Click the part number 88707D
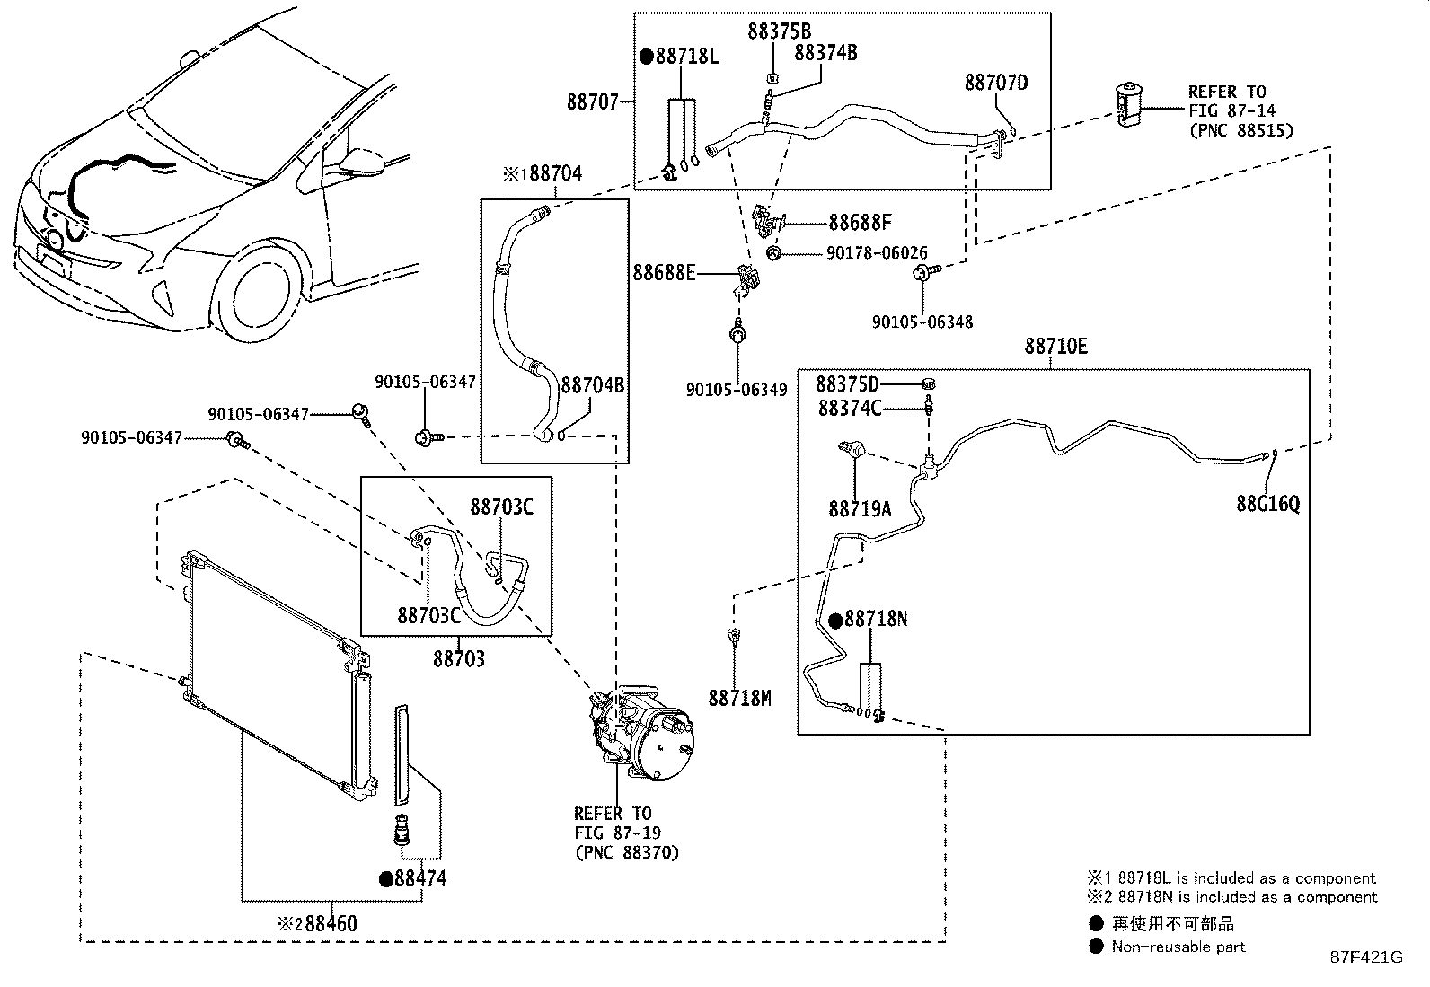pyautogui.click(x=996, y=83)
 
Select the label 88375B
pyautogui.click(x=779, y=31)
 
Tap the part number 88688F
pyautogui.click(x=860, y=222)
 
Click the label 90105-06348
pyautogui.click(x=922, y=322)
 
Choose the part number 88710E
pyautogui.click(x=1056, y=346)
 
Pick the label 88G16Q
pyautogui.click(x=1267, y=504)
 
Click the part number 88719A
pyautogui.click(x=860, y=509)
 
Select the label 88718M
pyautogui.click(x=739, y=698)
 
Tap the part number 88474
pyautogui.click(x=420, y=878)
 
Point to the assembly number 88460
pyautogui.click(x=331, y=923)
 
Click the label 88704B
pyautogui.click(x=593, y=385)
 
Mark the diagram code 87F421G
pyautogui.click(x=1366, y=957)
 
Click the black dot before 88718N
pyautogui.click(x=835, y=621)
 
